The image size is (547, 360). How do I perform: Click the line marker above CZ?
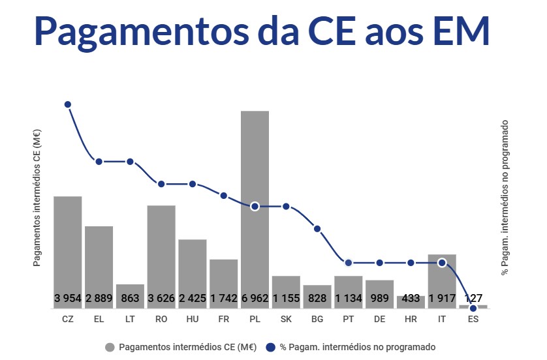[x=68, y=104]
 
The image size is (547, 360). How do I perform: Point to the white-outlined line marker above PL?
[x=255, y=206]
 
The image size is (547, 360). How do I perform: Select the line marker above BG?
[x=317, y=228]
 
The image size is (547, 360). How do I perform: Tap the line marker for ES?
[x=473, y=308]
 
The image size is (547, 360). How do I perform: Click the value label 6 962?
[x=255, y=299]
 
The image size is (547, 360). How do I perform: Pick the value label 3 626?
[x=161, y=299]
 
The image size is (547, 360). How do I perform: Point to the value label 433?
[x=411, y=299]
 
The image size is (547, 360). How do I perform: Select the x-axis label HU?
[x=193, y=320]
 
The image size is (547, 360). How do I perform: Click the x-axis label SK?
[x=286, y=320]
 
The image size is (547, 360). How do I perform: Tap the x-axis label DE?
[x=379, y=320]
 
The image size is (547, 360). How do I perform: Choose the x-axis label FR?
[x=223, y=320]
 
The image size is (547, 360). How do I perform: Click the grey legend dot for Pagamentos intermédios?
[x=110, y=347]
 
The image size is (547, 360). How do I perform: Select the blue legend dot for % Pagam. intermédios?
[x=271, y=347]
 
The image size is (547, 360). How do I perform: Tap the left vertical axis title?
[x=37, y=198]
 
